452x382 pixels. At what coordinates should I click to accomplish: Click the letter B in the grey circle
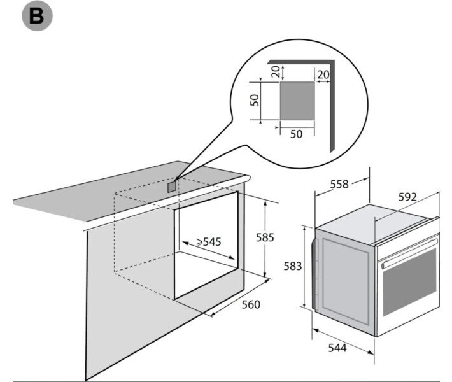(37, 16)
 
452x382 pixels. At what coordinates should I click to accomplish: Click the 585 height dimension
(265, 237)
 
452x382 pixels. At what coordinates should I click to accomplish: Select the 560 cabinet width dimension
(251, 304)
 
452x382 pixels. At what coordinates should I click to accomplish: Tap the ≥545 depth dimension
(209, 242)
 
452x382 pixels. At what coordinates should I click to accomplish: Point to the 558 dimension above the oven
(339, 184)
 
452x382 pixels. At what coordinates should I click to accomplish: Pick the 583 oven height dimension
(293, 266)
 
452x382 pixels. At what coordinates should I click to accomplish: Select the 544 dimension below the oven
(337, 348)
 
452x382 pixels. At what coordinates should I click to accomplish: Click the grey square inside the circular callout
(297, 101)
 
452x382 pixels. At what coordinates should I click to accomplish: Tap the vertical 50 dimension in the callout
(255, 100)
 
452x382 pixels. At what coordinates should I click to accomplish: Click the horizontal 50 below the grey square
(296, 134)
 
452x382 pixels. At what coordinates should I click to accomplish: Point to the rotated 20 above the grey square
(276, 71)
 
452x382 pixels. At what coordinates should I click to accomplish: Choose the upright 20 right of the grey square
(323, 74)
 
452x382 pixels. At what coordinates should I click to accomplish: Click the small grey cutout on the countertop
(171, 187)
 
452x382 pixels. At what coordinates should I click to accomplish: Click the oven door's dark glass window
(409, 283)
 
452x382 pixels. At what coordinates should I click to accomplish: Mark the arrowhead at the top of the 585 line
(265, 202)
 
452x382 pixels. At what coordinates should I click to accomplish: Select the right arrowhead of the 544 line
(371, 352)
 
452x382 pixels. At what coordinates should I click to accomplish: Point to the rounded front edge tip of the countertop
(248, 178)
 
